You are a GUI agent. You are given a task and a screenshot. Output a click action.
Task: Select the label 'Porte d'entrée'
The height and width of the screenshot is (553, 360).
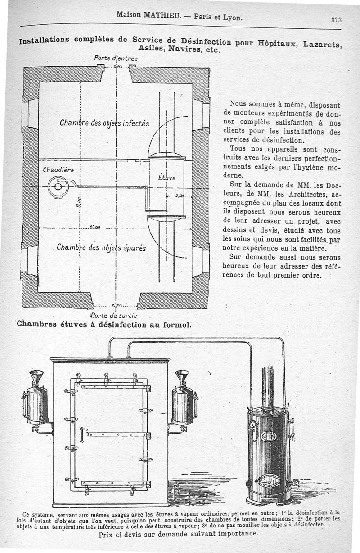pyautogui.click(x=116, y=58)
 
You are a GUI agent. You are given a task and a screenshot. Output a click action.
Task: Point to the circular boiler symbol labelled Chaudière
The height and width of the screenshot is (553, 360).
pyautogui.click(x=58, y=187)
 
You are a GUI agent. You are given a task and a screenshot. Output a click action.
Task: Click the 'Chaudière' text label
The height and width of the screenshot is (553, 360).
pyautogui.click(x=58, y=170)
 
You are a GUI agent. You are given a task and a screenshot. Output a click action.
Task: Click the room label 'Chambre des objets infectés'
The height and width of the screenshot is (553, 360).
pyautogui.click(x=104, y=123)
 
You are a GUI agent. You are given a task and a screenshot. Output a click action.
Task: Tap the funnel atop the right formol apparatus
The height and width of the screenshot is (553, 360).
pyautogui.click(x=182, y=377)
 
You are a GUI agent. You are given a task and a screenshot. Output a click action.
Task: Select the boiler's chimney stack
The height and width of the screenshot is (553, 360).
pyautogui.click(x=268, y=387)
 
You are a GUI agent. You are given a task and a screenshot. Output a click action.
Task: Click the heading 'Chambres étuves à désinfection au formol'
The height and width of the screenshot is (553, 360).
pyautogui.click(x=104, y=324)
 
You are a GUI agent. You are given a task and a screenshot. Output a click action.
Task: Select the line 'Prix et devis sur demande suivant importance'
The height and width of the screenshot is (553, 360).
pyautogui.click(x=179, y=534)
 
